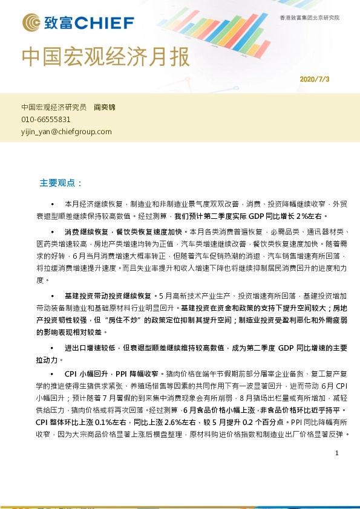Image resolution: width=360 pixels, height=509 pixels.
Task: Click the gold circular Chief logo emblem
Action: pos(31,24)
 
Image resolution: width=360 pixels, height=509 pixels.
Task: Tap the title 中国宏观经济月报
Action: pos(105,57)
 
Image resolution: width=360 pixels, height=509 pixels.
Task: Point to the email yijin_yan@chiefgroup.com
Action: pos(67,131)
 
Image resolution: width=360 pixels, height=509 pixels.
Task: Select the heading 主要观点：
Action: pos(61,183)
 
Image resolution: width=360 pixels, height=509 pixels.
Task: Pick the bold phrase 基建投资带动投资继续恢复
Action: pos(108,296)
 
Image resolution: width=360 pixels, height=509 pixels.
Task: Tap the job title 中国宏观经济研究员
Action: pos(54,107)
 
